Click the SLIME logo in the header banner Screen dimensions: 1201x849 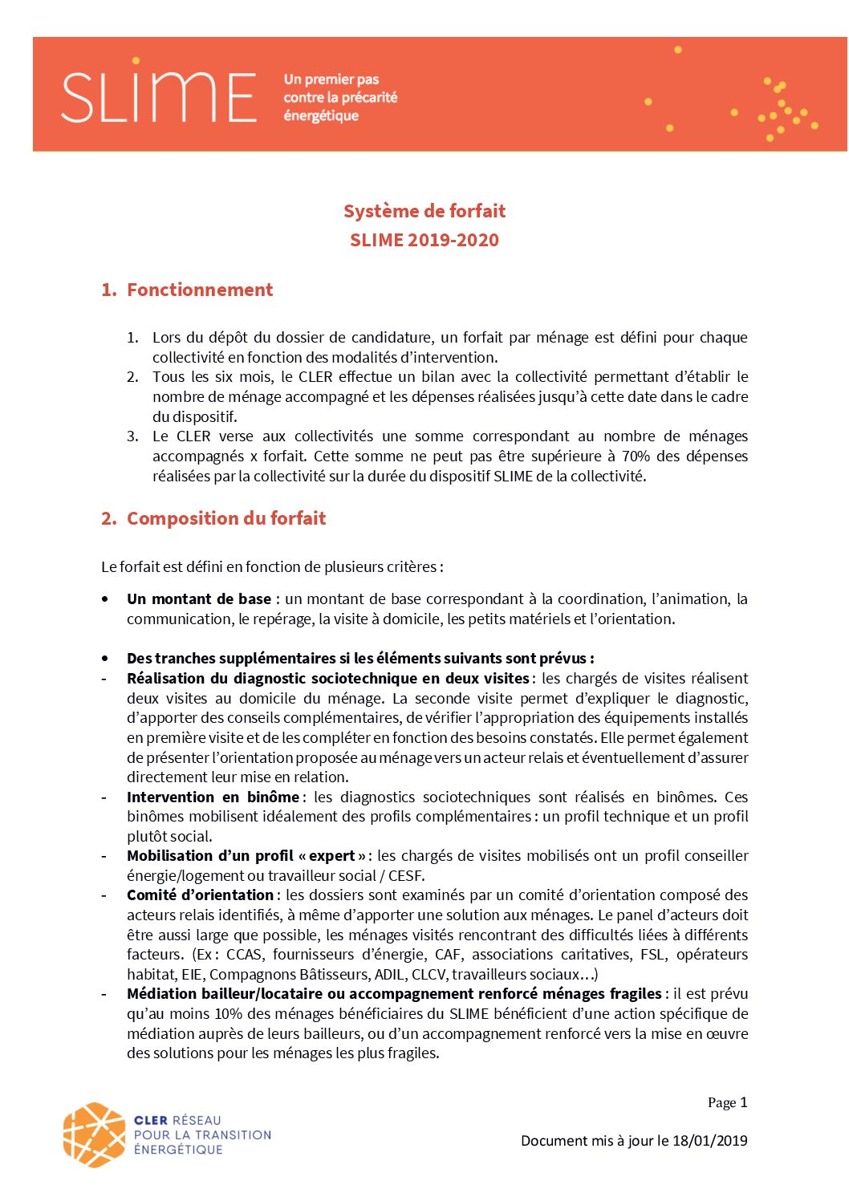158,95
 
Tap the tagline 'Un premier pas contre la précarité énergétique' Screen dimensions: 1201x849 340,97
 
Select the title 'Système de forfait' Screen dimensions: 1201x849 424,211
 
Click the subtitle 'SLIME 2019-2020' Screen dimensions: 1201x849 424,240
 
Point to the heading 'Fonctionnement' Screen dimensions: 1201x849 200,290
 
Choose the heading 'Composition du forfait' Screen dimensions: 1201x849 226,518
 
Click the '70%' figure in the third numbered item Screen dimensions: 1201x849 636,456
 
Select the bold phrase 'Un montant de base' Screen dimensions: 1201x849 199,598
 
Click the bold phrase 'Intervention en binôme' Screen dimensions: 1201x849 213,797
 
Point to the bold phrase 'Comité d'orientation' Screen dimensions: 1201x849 200,895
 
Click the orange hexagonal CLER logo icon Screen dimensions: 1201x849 95,1134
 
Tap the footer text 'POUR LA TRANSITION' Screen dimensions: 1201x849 202,1134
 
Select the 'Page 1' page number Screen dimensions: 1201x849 727,1102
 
